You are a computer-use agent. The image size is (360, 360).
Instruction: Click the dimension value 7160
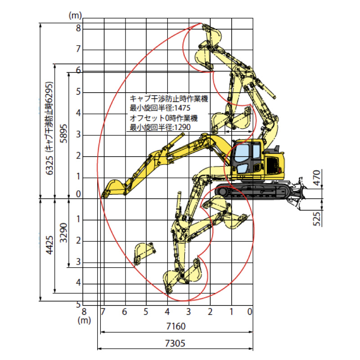pos(175,326)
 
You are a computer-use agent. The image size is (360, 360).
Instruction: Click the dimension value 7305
pos(175,343)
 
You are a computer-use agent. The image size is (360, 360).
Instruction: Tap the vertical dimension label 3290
pos(63,233)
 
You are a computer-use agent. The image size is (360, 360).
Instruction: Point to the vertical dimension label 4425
pos(49,245)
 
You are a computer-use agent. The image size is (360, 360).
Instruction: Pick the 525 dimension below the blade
pos(317,219)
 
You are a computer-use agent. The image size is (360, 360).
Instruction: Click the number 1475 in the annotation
pos(183,108)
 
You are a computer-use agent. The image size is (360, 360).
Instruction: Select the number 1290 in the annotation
pos(183,127)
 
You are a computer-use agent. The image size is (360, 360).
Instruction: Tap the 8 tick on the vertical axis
pos(78,28)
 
